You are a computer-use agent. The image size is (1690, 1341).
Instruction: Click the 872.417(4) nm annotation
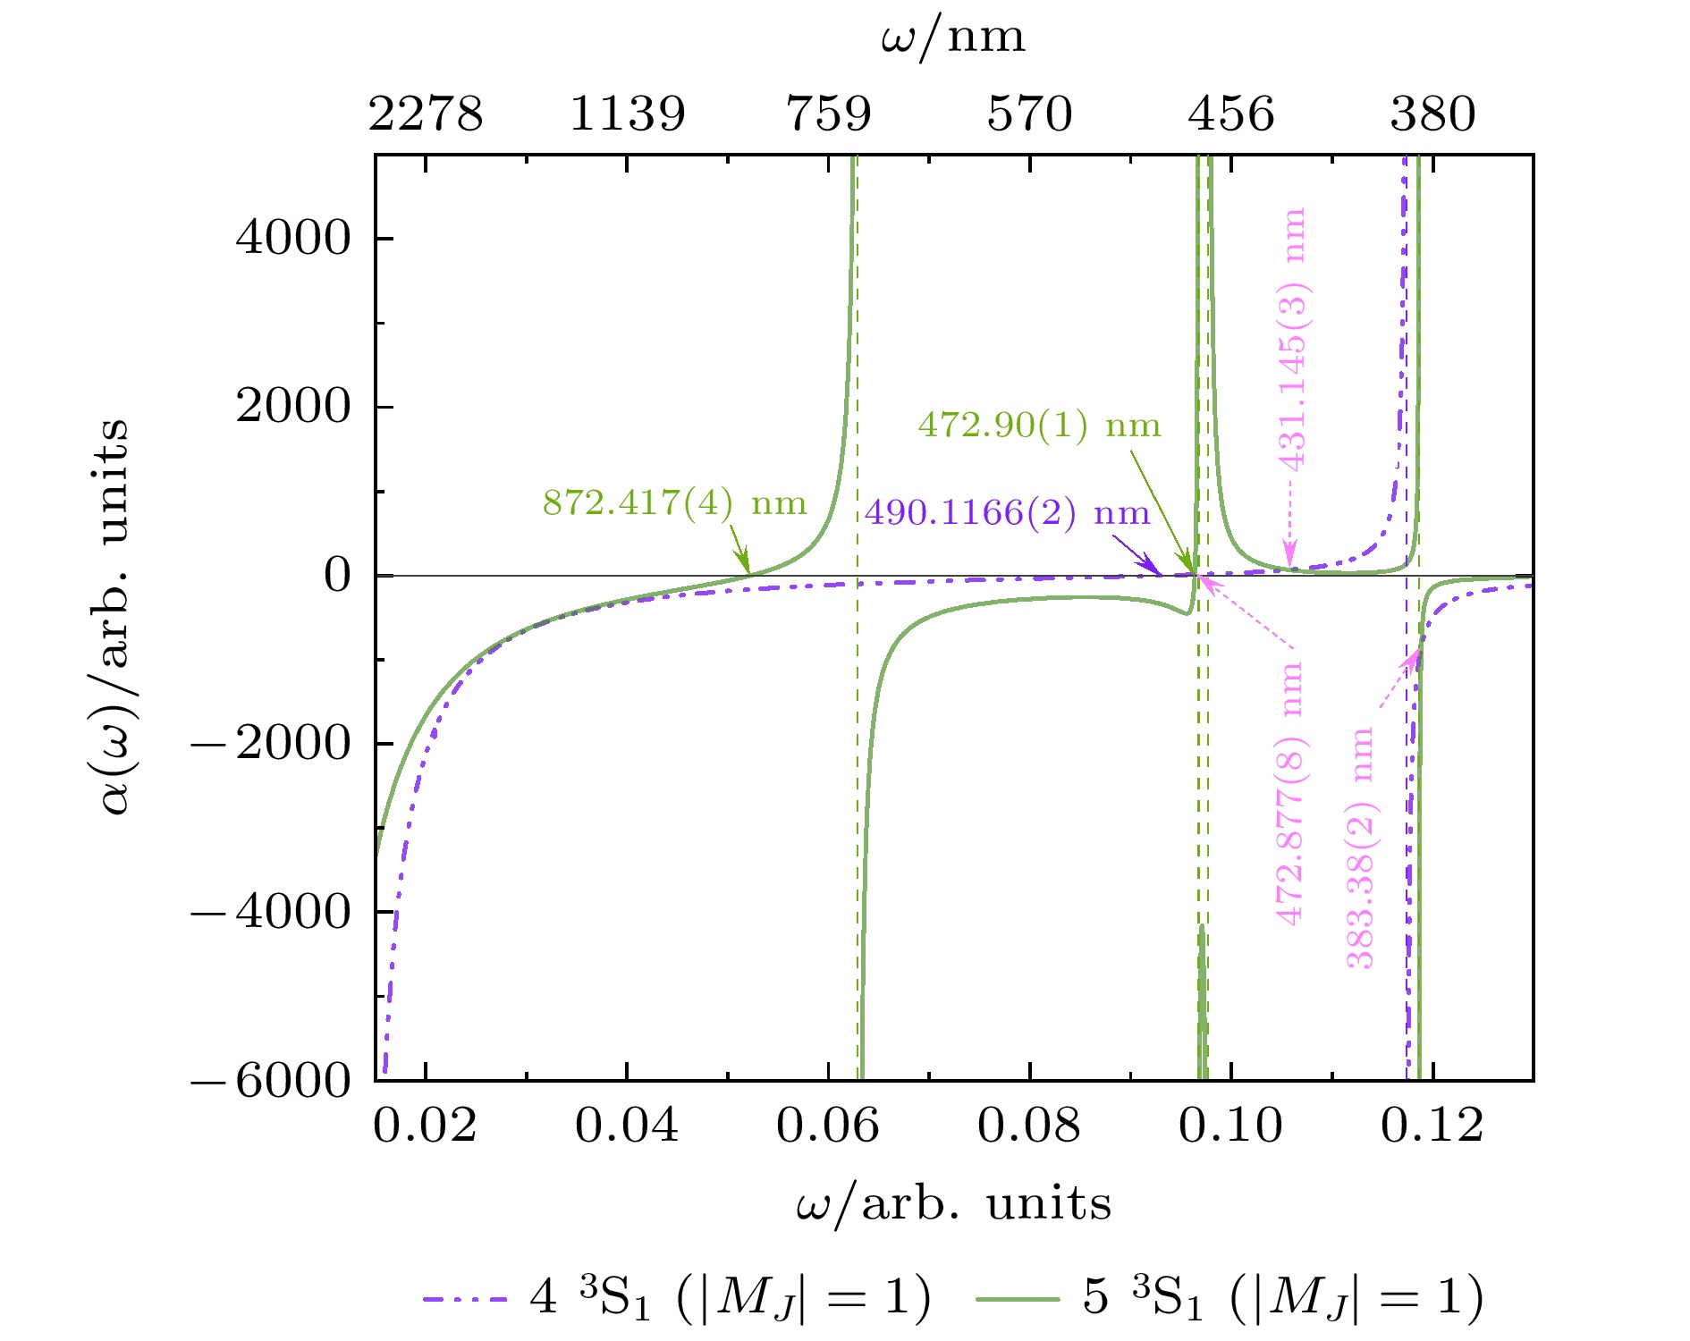(x=674, y=503)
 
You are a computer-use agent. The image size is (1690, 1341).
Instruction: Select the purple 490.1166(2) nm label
(x=1007, y=514)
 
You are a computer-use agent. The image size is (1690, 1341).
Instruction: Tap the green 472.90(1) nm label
(x=1039, y=426)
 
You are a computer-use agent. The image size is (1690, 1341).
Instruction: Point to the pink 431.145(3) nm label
(x=1293, y=339)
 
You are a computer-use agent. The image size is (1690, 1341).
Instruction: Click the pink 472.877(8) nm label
(x=1289, y=794)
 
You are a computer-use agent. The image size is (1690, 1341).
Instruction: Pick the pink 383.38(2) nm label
(x=1360, y=848)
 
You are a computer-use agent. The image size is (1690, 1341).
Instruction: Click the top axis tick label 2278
(x=426, y=114)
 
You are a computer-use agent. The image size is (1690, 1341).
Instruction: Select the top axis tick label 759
(x=829, y=114)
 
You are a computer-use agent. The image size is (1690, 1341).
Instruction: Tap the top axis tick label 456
(x=1231, y=114)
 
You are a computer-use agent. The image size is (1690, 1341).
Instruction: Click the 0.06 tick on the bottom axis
(x=828, y=1126)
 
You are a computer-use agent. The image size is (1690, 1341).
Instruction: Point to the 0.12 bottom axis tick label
(x=1432, y=1126)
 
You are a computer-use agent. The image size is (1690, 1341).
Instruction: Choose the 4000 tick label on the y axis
(x=293, y=239)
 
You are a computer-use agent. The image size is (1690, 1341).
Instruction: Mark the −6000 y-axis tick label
(x=272, y=1082)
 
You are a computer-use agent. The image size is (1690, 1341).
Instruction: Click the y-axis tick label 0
(x=338, y=576)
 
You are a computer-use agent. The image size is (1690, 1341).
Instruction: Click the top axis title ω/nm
(x=953, y=38)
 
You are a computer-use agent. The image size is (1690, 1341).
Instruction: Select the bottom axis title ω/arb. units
(x=953, y=1204)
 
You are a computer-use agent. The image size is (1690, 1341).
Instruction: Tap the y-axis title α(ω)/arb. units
(x=114, y=617)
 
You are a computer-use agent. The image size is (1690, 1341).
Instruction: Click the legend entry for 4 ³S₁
(x=678, y=1297)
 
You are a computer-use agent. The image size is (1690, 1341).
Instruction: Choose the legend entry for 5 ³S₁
(x=1230, y=1297)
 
